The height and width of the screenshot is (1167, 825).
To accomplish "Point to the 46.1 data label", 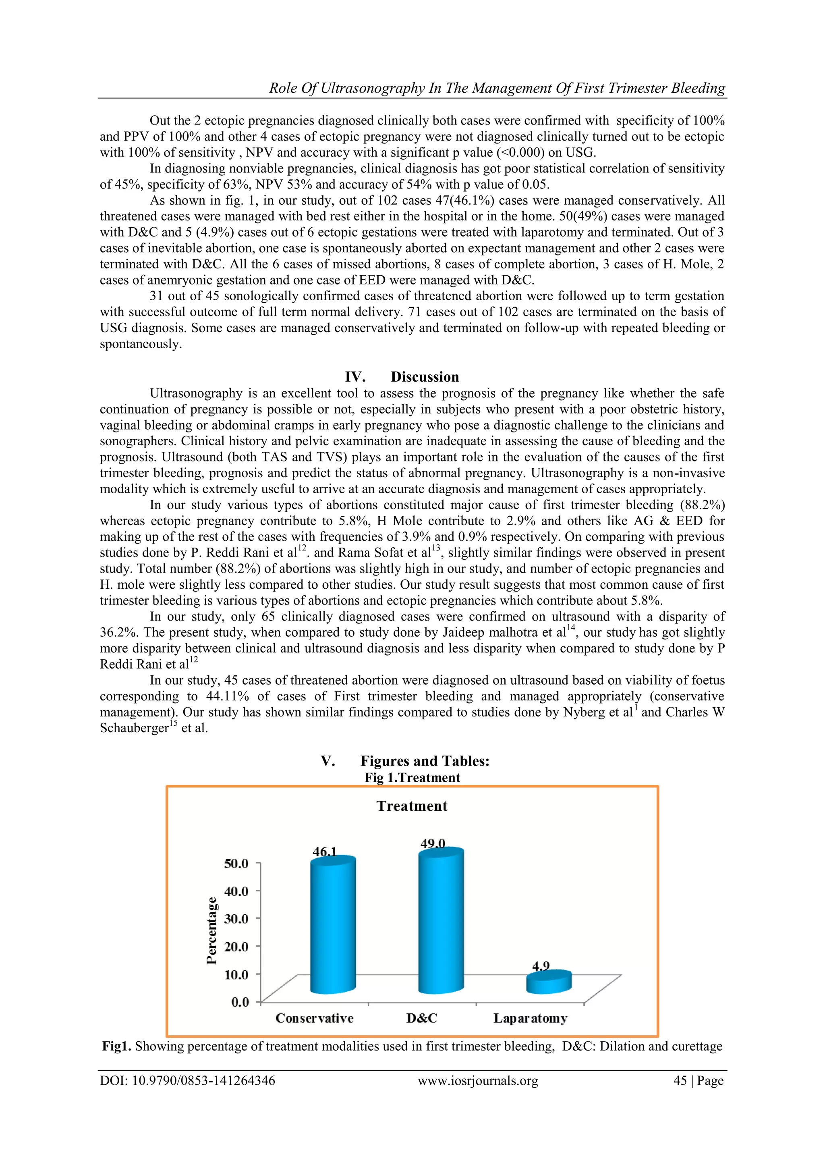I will [325, 852].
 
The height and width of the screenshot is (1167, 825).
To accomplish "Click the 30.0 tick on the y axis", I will [236, 918].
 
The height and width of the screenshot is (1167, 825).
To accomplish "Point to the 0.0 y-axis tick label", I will [240, 1002].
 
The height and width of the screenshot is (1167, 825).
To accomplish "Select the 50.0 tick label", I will [236, 863].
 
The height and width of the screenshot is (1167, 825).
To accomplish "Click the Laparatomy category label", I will [530, 1018].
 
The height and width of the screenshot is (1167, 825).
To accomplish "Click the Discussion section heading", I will [424, 377].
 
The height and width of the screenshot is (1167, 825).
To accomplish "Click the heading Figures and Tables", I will [425, 761].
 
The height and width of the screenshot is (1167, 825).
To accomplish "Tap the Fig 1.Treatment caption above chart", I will [412, 778].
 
